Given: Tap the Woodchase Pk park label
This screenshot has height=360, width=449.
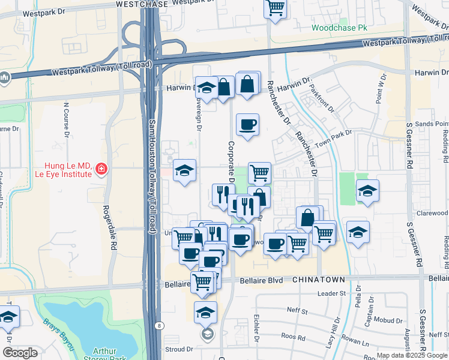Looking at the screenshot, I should tap(339, 28).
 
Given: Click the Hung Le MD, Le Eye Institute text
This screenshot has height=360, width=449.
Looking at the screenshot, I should tap(68, 170).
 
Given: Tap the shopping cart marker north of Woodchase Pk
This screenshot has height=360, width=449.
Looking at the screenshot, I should tap(275, 8).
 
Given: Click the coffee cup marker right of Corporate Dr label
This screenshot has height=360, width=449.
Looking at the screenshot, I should tap(247, 125).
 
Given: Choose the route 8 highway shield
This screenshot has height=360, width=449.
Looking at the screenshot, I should tap(158, 325).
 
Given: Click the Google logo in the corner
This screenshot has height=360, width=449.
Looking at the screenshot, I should tap(20, 353).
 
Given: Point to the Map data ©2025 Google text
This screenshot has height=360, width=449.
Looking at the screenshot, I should tap(412, 355).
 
